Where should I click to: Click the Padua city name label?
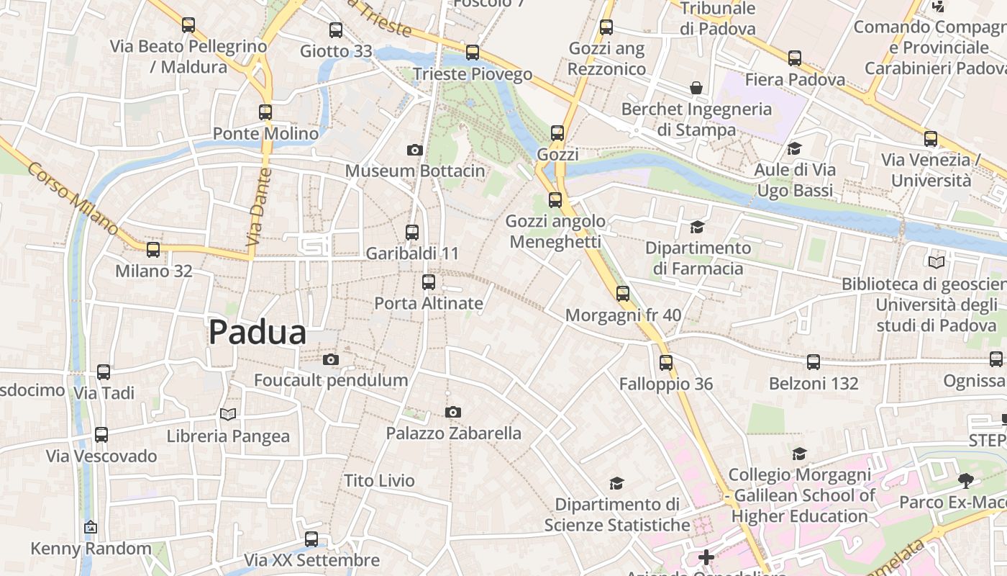point(258,333)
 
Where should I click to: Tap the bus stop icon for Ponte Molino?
point(265,112)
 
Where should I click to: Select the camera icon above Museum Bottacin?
point(414,150)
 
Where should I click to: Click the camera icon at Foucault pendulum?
point(331,359)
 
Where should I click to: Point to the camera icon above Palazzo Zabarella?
point(452,412)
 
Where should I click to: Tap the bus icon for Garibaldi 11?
point(412,232)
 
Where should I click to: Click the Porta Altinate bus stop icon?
point(429,282)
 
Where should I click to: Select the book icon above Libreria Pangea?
point(228,415)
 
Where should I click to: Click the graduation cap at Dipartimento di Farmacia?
point(697,227)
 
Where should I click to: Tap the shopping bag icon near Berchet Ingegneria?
point(696,88)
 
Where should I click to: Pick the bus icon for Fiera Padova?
point(795,58)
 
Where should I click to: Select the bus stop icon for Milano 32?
point(153,250)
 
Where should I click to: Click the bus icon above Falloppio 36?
point(666,362)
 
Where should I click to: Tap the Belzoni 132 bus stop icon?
point(814,362)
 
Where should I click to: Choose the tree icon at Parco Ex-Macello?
point(965,480)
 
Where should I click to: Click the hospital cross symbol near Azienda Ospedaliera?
point(706,557)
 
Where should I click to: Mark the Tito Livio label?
point(379,481)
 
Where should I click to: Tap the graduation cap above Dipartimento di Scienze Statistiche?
point(616,483)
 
